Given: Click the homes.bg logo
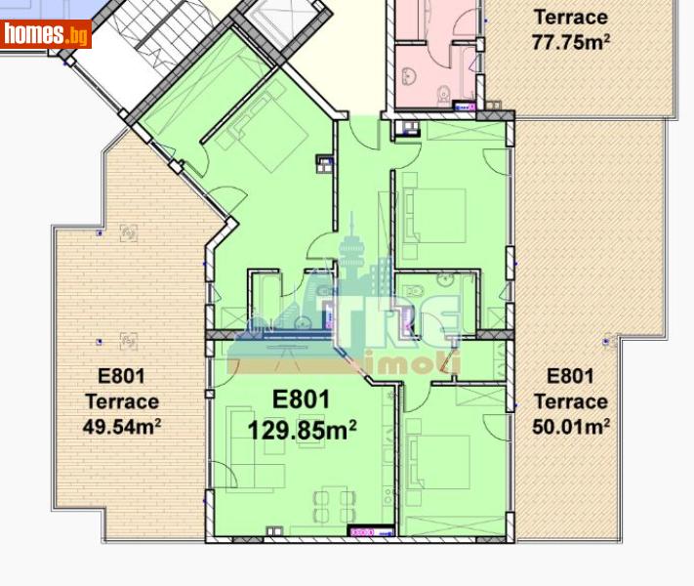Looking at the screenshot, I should pos(46,35).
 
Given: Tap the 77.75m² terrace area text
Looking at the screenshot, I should pos(569,42).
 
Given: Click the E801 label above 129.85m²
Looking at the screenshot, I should pos(301,399).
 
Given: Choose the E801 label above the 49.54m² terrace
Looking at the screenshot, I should pos(121,376).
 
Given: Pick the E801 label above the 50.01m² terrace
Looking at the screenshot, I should pos(570,376).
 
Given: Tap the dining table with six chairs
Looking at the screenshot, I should pos(333,507).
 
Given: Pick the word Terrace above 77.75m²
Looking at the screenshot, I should pos(569,17).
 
